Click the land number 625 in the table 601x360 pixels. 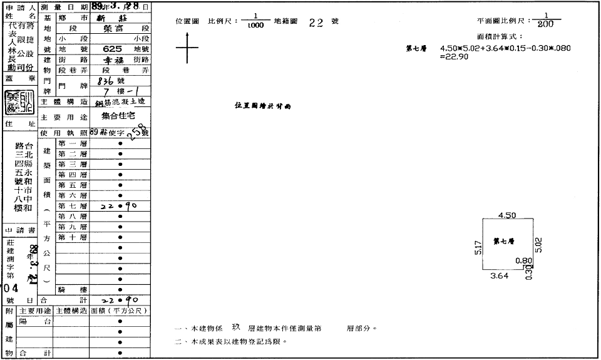point(112,48)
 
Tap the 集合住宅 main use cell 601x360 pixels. point(120,116)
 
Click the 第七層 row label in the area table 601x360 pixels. point(73,206)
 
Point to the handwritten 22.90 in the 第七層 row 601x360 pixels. point(119,206)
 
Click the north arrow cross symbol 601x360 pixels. point(187,48)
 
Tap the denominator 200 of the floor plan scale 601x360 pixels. point(545,25)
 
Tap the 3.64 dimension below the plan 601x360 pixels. point(499,275)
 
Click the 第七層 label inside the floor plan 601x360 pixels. point(503,240)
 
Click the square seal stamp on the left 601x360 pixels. point(19,103)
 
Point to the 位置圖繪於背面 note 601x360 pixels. point(263,106)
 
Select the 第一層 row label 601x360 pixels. point(73,143)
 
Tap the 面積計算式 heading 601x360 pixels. point(499,37)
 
